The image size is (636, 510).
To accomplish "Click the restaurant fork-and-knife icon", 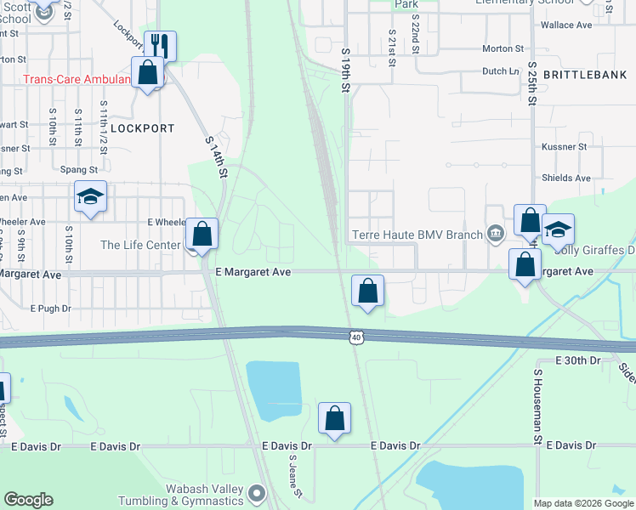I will pos(159,45).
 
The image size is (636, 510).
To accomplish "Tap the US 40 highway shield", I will pos(356,338).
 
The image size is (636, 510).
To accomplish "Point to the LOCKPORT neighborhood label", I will pos(142,128).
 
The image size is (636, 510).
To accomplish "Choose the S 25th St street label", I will pos(533,82).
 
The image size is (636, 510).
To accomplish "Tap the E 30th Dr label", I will pos(577,360).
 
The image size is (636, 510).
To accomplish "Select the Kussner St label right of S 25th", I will pos(565,147).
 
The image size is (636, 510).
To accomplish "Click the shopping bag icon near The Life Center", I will pos(202,234).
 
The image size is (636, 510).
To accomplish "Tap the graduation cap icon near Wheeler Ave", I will pos(90,197).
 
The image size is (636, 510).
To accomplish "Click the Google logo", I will pos(28,500).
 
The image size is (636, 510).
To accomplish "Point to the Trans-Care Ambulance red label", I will pos(77,80).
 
